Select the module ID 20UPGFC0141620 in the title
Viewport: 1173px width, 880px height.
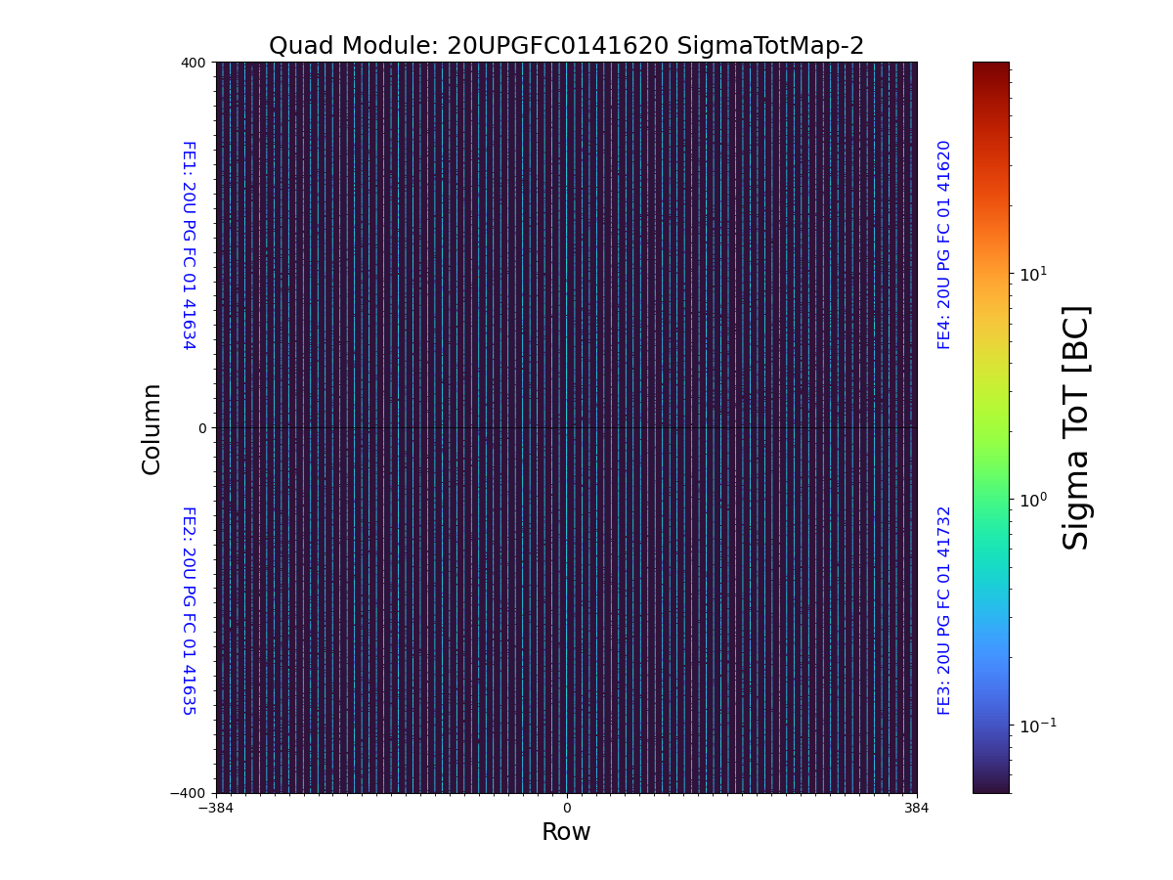[x=557, y=46]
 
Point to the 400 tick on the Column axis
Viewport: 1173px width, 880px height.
[x=193, y=63]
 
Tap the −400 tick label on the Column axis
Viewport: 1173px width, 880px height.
[x=189, y=793]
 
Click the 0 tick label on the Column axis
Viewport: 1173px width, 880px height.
[x=202, y=428]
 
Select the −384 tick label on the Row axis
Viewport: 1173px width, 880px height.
[x=216, y=809]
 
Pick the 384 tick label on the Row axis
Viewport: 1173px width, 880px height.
[x=917, y=809]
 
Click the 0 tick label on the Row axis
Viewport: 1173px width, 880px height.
[x=566, y=809]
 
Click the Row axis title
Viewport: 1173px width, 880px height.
[x=566, y=832]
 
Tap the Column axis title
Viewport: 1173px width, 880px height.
[x=152, y=428]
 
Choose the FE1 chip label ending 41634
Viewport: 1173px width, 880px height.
[x=189, y=244]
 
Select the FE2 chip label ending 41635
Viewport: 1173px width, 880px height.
[x=189, y=610]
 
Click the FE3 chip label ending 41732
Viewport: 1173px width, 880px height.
[x=944, y=610]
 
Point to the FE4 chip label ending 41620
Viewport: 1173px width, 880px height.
[x=944, y=244]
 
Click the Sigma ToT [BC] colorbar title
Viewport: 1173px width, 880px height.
[x=1076, y=427]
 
